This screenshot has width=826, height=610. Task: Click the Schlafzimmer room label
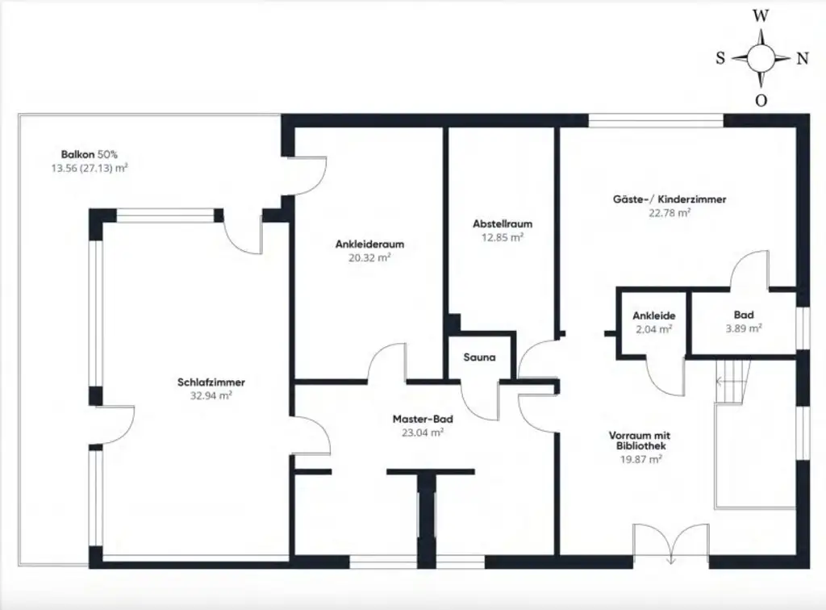click(x=211, y=382)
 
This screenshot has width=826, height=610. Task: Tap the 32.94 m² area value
click(x=211, y=395)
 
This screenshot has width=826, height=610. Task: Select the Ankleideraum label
click(x=369, y=244)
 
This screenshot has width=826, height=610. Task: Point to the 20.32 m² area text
click(x=369, y=257)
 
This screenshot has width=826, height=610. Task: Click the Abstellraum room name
click(x=502, y=224)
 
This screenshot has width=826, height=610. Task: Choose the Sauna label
click(x=479, y=357)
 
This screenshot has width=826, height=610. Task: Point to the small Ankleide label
click(x=653, y=315)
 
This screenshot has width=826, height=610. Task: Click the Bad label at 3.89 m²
click(x=743, y=315)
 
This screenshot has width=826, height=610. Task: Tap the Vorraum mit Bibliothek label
click(x=637, y=440)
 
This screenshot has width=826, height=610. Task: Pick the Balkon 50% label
click(x=90, y=154)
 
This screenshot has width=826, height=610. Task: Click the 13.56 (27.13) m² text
click(x=90, y=168)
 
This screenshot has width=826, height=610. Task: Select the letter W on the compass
click(x=760, y=15)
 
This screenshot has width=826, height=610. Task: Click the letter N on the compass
click(x=803, y=58)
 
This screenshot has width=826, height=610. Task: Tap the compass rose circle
click(x=761, y=58)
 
